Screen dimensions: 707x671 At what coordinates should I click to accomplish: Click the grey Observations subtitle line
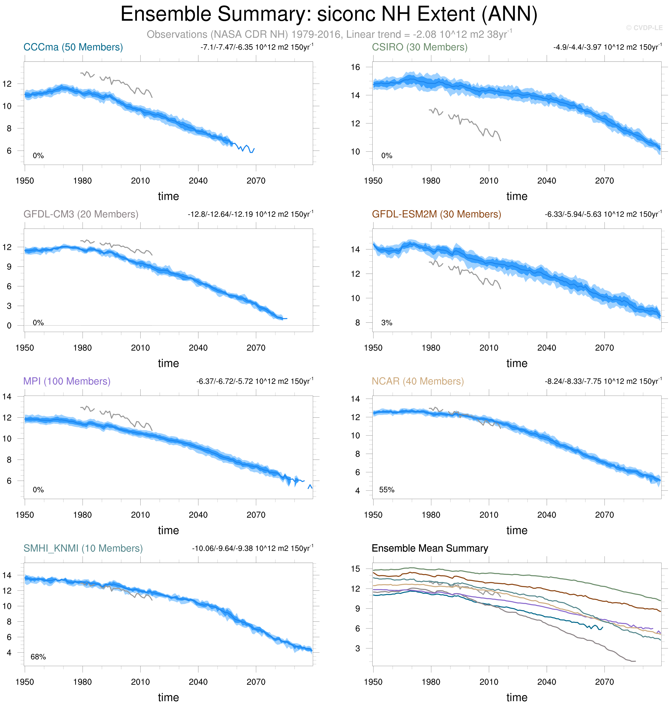click(x=329, y=34)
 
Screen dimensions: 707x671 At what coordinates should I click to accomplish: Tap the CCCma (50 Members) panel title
click(x=73, y=47)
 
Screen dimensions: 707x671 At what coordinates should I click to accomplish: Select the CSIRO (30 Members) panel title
click(x=420, y=47)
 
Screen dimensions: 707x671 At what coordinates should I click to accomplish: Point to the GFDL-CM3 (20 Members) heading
click(x=81, y=214)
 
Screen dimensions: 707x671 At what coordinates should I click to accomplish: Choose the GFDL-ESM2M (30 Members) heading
click(x=436, y=214)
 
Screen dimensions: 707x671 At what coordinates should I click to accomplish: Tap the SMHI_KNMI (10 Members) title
click(x=83, y=548)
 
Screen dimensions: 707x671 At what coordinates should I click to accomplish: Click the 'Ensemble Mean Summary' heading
click(x=430, y=548)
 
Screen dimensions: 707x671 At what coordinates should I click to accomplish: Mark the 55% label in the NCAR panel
click(x=387, y=490)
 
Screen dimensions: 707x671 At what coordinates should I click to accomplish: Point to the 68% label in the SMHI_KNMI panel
click(x=38, y=657)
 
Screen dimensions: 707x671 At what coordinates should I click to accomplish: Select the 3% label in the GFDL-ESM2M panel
click(x=387, y=323)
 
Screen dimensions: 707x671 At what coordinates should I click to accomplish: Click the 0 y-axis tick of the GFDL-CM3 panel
click(x=9, y=325)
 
